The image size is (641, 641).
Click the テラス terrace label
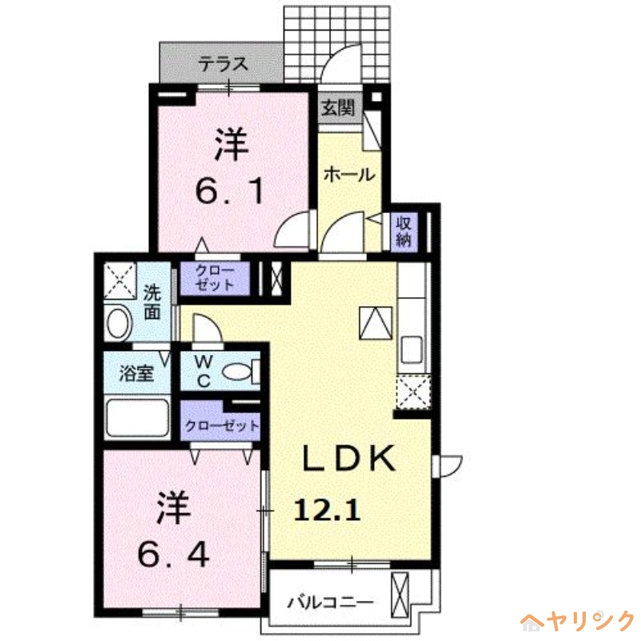point(222,65)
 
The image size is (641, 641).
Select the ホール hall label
point(349,174)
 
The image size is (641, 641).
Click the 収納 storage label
point(403,230)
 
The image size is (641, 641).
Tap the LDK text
point(349,459)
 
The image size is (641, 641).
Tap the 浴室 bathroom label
point(137,373)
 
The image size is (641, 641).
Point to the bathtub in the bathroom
point(137,417)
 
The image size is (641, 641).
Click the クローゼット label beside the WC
point(222,425)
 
